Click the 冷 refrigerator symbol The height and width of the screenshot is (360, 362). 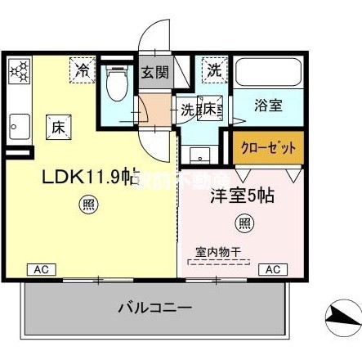83,69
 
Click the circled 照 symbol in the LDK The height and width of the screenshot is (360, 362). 88,205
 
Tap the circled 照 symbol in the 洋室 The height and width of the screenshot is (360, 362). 244,221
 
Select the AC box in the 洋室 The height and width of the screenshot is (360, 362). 274,268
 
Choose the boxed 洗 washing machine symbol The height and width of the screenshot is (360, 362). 212,70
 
